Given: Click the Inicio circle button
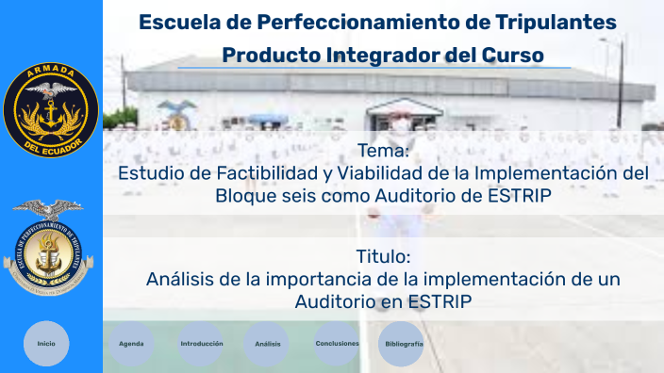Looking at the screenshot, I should [x=46, y=344].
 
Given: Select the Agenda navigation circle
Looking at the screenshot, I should [x=131, y=344].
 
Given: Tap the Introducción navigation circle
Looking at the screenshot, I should [x=202, y=344].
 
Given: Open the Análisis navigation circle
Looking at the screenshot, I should [x=268, y=344].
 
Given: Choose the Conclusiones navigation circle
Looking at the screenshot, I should [x=338, y=344].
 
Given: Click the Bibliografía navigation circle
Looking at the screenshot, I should [x=403, y=344].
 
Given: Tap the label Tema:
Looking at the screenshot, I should [x=383, y=152].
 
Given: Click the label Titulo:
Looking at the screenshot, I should [x=383, y=257].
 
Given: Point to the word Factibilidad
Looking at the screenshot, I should [x=254, y=174].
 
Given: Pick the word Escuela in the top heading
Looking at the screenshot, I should [x=179, y=22].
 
